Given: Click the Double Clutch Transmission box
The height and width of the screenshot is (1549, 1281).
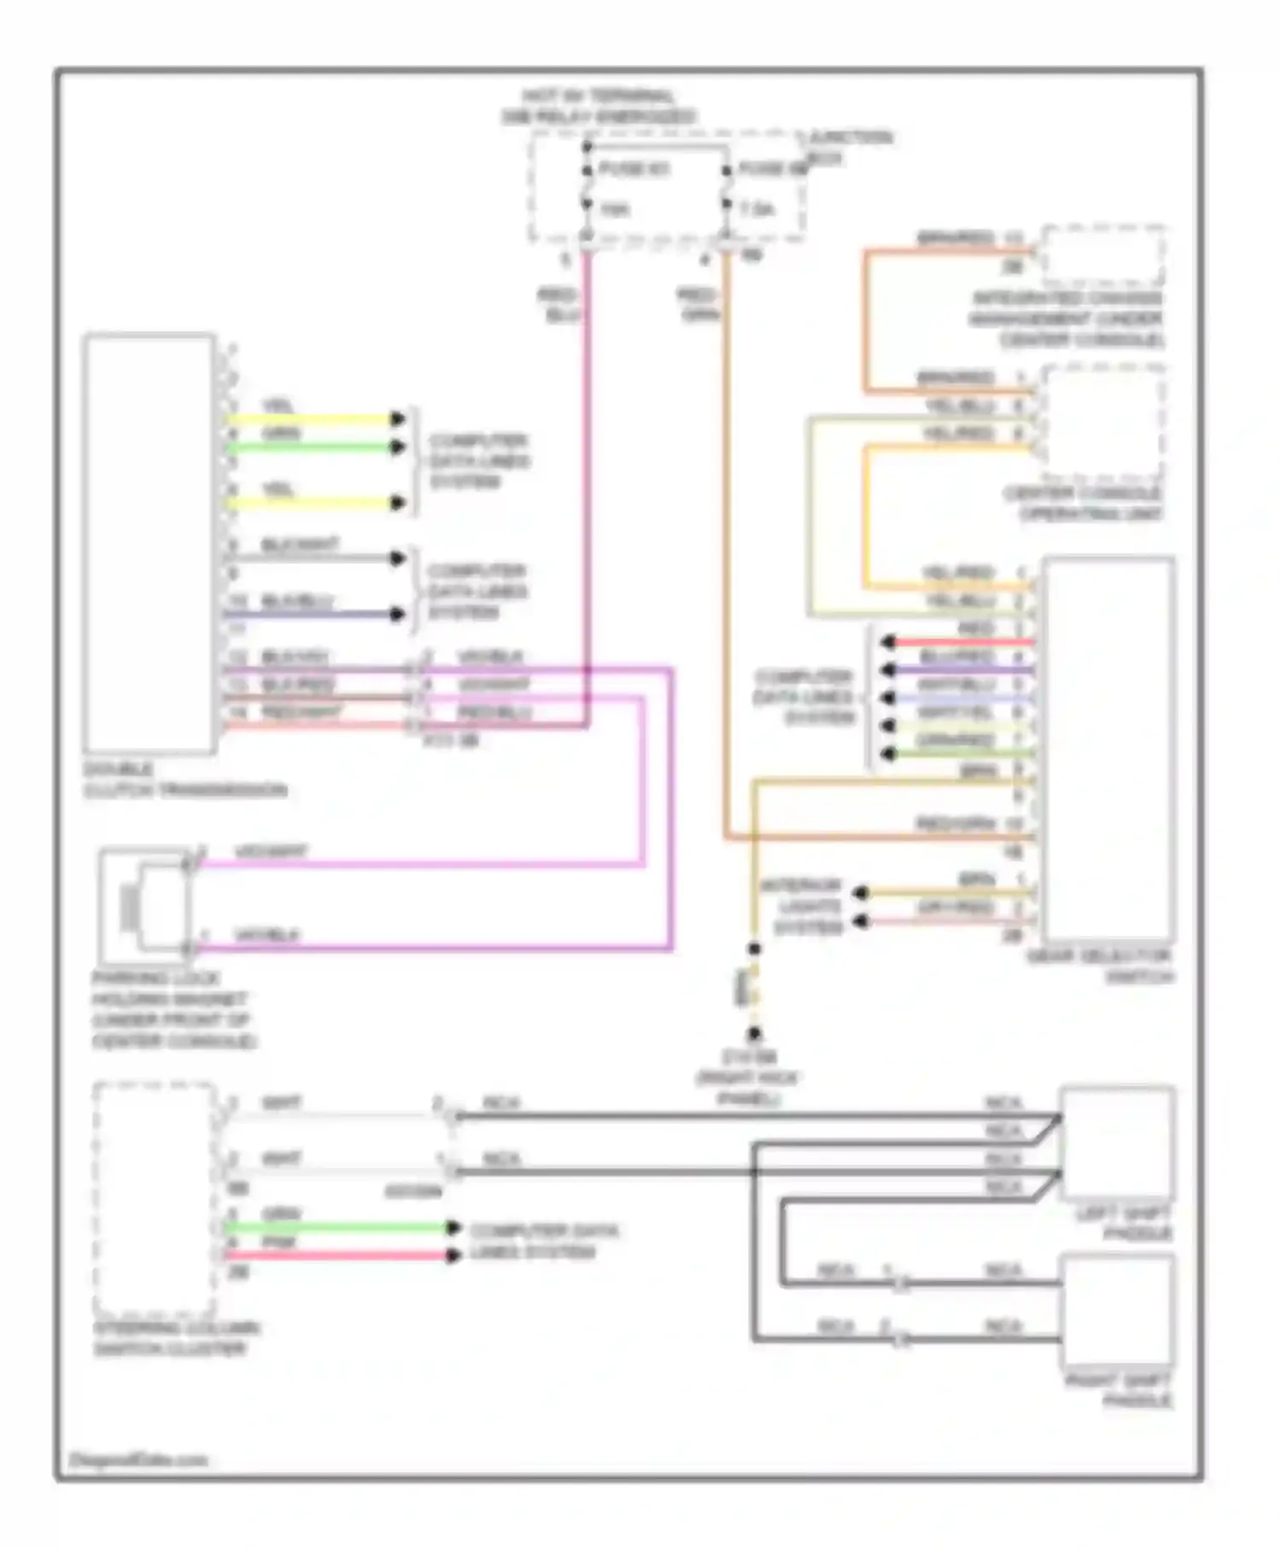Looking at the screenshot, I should (149, 543).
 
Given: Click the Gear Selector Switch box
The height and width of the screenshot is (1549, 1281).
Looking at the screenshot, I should (1108, 750).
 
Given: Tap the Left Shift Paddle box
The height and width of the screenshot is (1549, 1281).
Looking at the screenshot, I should (1117, 1143).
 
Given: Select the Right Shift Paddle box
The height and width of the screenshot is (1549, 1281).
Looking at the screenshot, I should (1117, 1311).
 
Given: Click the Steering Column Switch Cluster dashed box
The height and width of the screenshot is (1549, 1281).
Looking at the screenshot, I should (154, 1199).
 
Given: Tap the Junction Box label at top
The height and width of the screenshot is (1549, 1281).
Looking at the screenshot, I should (850, 147).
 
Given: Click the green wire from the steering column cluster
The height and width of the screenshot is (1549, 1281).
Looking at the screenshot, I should (342, 1228).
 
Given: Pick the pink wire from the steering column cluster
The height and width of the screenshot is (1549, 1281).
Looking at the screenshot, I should (342, 1255).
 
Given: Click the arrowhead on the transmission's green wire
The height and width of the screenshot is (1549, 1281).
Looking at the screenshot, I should (397, 447).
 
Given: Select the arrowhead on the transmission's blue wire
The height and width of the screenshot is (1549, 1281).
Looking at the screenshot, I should (397, 613).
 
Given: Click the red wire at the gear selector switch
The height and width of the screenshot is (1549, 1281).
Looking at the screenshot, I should (965, 641).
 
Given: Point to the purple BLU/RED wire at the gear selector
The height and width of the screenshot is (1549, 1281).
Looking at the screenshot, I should (965, 669).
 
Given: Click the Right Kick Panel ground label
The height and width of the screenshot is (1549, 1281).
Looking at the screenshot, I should (749, 1078).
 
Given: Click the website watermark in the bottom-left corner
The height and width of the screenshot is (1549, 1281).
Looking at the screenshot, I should (137, 1459).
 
